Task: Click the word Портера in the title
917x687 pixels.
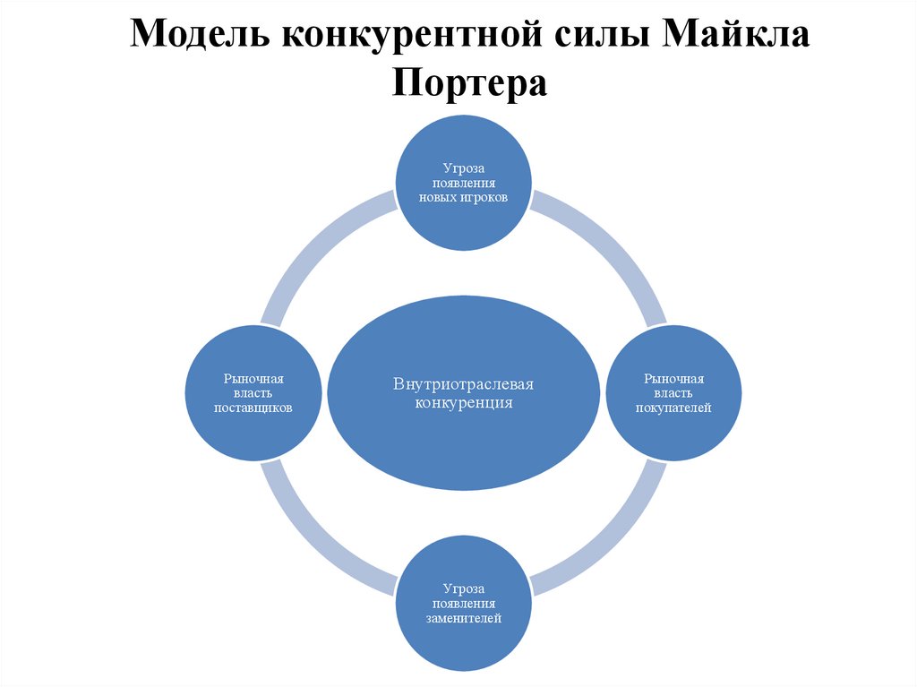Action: pos(468,83)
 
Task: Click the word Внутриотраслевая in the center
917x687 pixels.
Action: pos(463,384)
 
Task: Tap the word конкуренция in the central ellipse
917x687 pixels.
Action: pos(463,403)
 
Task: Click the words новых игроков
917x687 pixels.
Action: pos(464,197)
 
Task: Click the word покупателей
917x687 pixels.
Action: pos(673,408)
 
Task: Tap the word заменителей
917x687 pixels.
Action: pos(464,618)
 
